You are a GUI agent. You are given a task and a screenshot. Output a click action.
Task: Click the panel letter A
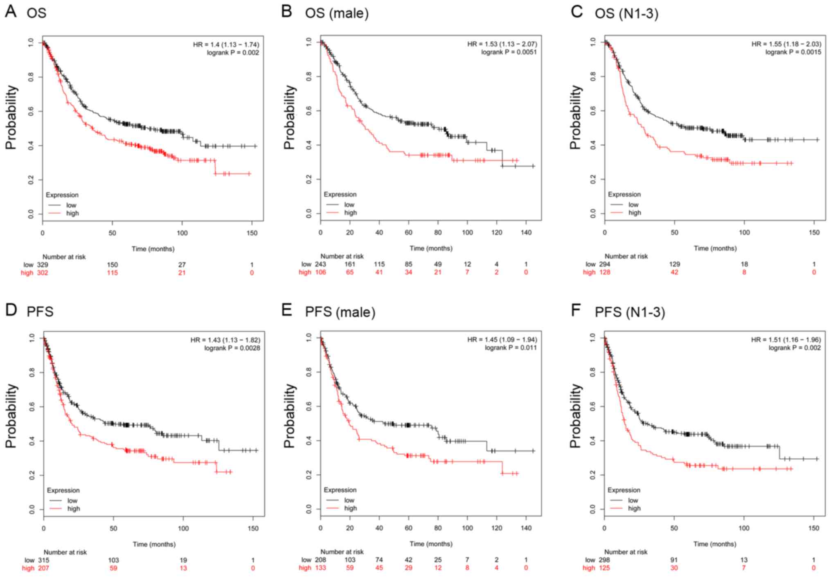click(11, 11)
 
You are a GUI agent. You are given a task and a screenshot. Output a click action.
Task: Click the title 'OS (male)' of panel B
click(336, 14)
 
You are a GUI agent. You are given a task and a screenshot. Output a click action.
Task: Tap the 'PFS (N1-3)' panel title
click(630, 312)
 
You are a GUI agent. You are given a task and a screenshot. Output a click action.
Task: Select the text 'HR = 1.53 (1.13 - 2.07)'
click(502, 44)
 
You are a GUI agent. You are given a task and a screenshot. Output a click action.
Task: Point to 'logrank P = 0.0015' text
click(793, 52)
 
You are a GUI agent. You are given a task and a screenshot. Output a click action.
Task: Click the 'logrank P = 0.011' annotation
click(511, 347)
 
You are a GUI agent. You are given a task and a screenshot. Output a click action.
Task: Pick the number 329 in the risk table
click(43, 265)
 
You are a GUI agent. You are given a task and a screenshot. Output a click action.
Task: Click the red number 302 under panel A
click(43, 273)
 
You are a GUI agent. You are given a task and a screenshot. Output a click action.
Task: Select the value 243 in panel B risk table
click(320, 264)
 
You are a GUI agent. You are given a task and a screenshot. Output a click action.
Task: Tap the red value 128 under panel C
click(605, 272)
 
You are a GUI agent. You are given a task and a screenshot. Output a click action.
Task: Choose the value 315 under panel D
click(43, 560)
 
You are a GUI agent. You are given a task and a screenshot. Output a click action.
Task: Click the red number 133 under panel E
click(320, 568)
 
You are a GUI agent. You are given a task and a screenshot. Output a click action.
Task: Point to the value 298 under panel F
click(604, 560)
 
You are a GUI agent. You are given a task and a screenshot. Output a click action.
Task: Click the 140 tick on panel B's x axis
click(526, 232)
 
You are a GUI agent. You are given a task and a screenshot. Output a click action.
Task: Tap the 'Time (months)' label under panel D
click(154, 544)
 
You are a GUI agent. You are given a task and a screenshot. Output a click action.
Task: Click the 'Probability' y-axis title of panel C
click(575, 117)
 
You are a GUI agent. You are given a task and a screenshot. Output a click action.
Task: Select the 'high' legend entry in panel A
click(72, 213)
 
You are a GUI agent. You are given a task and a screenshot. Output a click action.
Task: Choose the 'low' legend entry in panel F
click(633, 500)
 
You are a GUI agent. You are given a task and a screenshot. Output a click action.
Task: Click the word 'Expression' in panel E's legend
click(340, 490)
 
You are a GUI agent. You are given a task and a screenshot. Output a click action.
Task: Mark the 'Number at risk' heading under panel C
click(626, 256)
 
